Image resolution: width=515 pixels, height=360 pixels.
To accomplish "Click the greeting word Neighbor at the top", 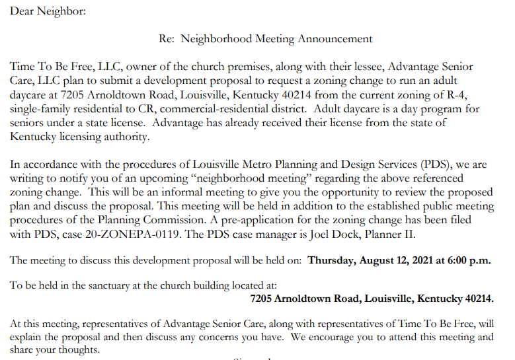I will click(63, 11).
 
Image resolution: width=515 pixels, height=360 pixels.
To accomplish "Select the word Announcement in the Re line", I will click(335, 38).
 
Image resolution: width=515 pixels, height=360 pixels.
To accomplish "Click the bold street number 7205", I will click(263, 299).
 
